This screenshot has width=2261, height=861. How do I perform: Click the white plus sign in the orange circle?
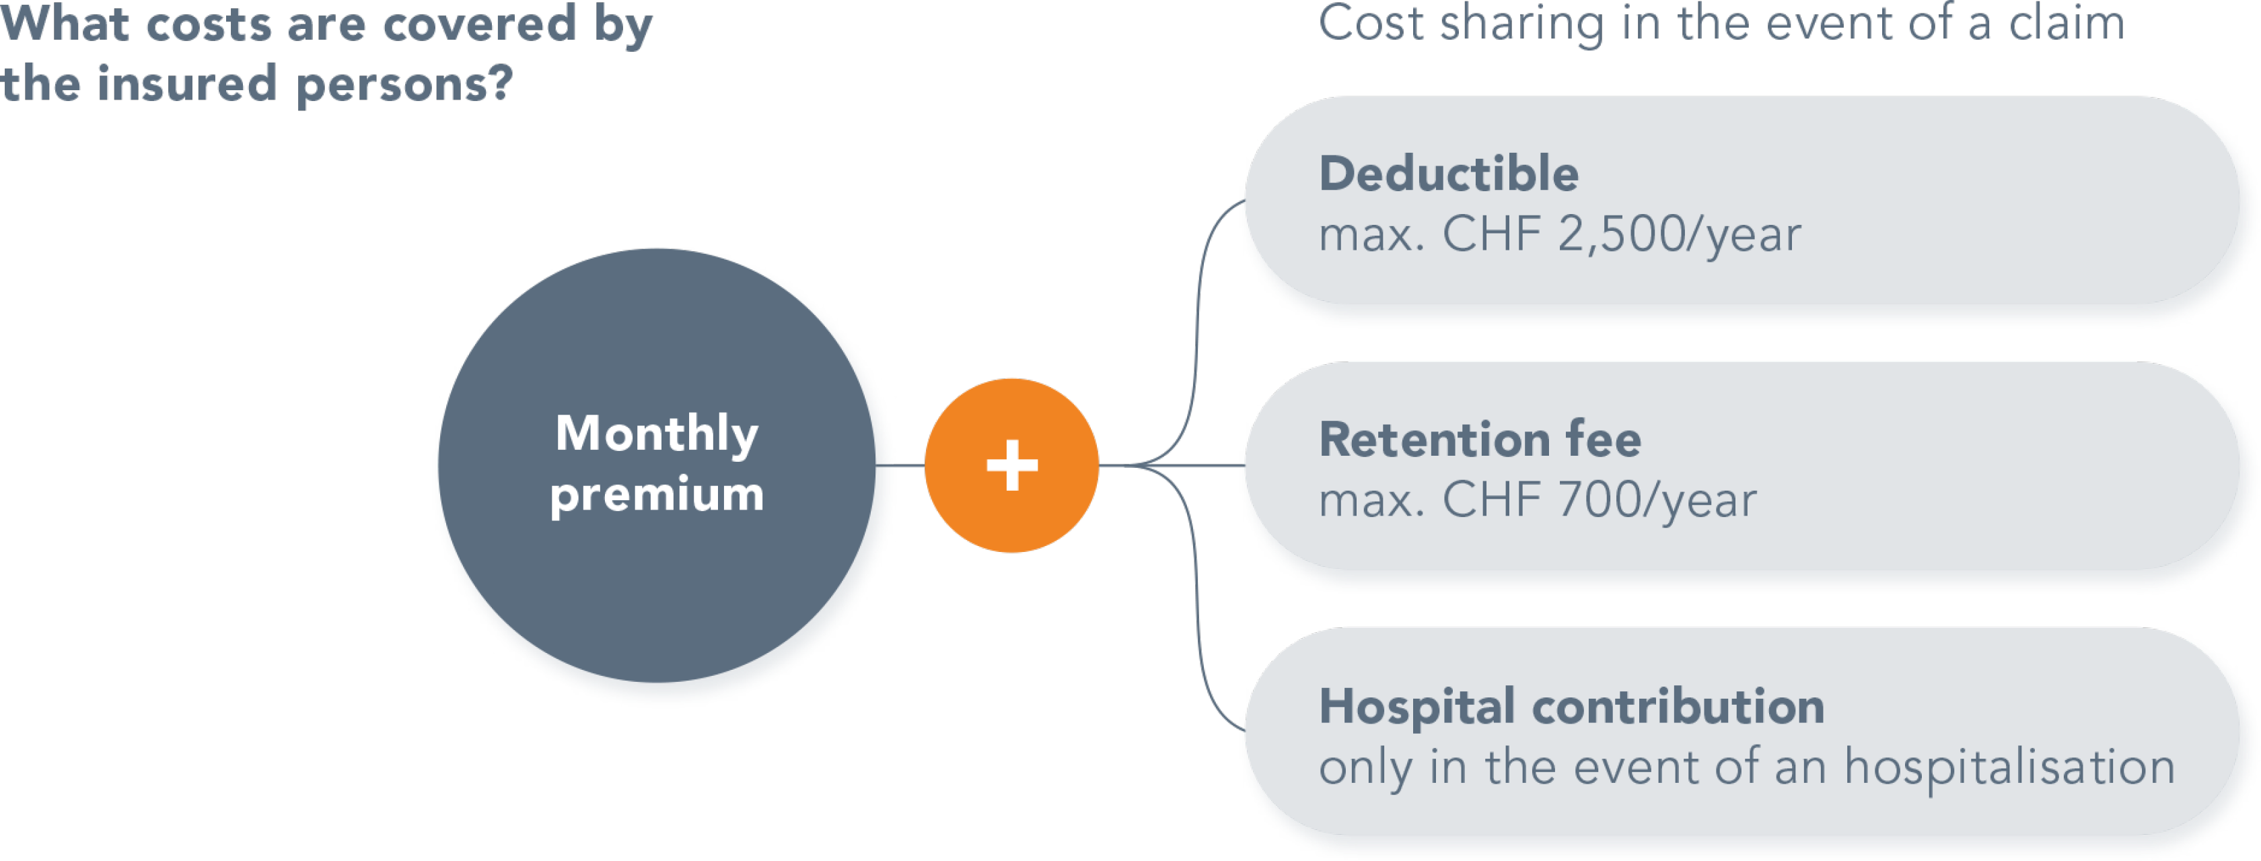pyautogui.click(x=1012, y=465)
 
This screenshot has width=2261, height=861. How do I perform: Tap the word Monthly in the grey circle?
pyautogui.click(x=657, y=434)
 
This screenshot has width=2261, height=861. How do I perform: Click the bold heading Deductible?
pyautogui.click(x=1448, y=174)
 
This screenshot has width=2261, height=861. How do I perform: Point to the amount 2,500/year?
pyautogui.click(x=1679, y=234)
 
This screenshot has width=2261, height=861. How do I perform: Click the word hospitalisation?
pyautogui.click(x=2009, y=767)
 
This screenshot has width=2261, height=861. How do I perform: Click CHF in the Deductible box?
pyautogui.click(x=1492, y=234)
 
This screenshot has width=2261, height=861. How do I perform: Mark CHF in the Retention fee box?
pyautogui.click(x=1492, y=500)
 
